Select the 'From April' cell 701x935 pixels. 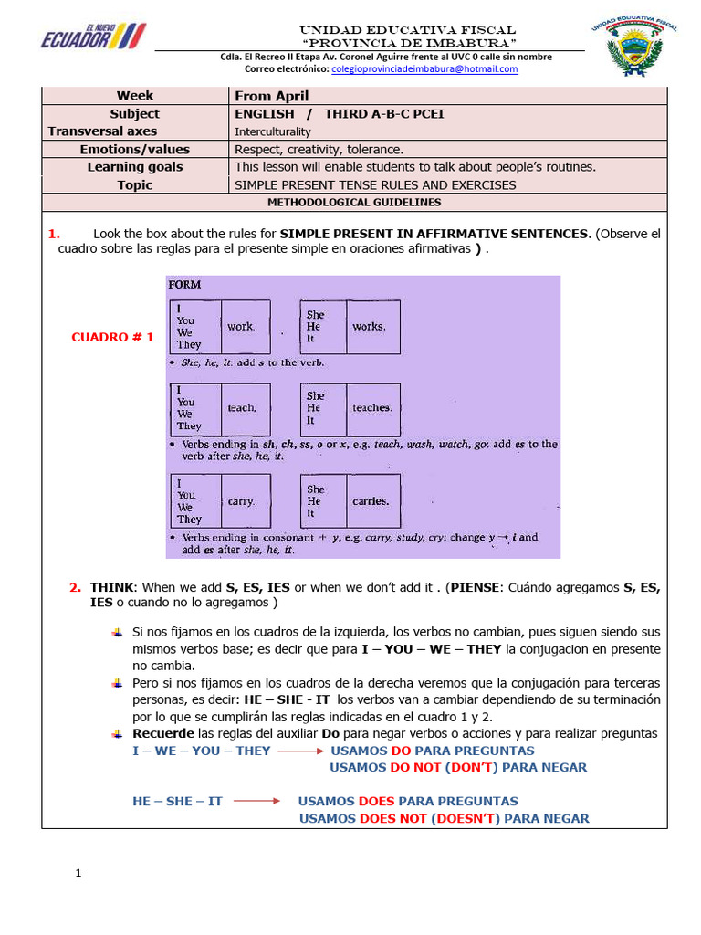272,96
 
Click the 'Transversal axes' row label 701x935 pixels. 102,131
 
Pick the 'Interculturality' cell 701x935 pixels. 273,131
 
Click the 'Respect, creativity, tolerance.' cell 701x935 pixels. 319,149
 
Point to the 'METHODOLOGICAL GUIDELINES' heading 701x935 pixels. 353,203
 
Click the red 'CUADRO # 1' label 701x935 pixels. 113,337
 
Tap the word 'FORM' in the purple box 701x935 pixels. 185,285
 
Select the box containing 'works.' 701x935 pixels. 370,327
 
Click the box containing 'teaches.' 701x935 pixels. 372,408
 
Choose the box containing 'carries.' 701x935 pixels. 371,500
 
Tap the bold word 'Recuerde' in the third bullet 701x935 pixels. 163,733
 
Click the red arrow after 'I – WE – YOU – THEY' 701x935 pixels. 301,751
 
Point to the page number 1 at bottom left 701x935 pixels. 78,874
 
